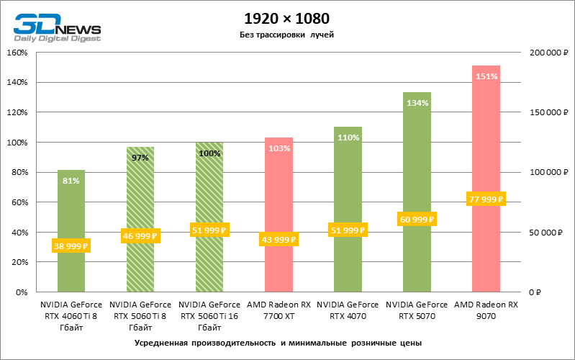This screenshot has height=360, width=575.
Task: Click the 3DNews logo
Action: point(56,27)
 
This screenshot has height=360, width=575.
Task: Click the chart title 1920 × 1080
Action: point(287,17)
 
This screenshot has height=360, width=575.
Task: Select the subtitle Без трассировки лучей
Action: point(287,35)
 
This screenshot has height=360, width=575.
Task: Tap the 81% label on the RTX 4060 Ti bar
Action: point(71,181)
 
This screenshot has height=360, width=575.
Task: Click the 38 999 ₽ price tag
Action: point(71,246)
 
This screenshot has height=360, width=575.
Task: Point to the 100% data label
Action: point(209,153)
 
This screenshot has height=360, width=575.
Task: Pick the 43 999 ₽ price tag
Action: point(278,240)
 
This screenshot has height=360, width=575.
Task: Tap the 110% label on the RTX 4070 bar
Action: point(348,138)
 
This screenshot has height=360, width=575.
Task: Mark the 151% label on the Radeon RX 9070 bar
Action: point(486,76)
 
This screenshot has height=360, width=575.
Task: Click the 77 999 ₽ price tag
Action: point(486,199)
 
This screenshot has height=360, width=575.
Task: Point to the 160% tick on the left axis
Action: point(17,53)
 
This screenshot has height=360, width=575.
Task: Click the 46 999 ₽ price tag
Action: point(140,235)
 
